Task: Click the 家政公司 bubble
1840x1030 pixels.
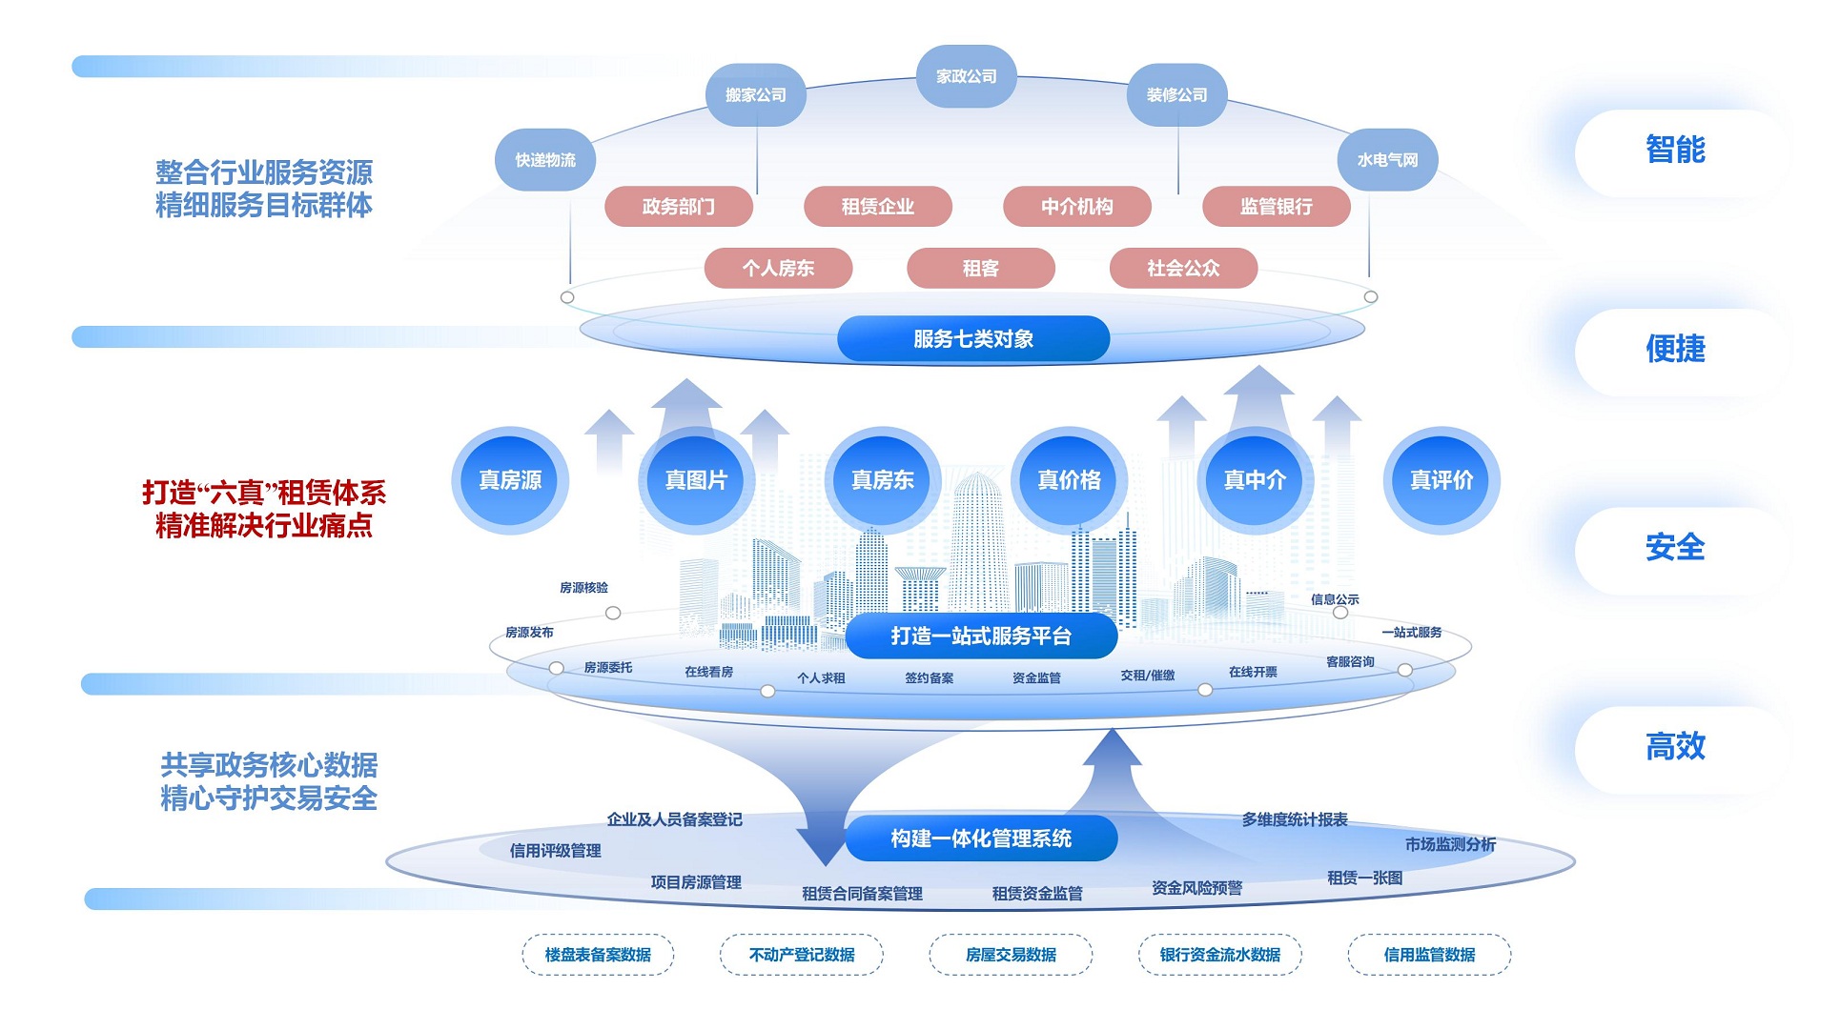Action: pos(966,76)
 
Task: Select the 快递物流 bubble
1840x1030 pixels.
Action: pos(545,160)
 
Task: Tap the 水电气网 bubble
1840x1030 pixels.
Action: pos(1387,160)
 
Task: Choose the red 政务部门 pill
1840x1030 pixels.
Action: pos(678,207)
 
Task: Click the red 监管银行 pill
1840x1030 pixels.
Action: pos(1276,207)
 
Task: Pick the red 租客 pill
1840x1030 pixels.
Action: pos(980,269)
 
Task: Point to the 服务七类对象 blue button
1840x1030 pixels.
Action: pos(972,339)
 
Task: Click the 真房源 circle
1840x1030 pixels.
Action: pos(510,480)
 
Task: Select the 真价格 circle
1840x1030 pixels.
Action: pos(1069,480)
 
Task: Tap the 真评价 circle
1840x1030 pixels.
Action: pos(1441,480)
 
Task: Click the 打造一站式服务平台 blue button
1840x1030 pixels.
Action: pos(980,636)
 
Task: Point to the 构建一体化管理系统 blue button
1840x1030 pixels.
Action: pos(980,838)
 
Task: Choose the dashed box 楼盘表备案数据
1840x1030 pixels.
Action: pos(598,955)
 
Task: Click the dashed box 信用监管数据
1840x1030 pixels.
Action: pos(1429,955)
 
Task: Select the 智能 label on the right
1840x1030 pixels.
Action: pos(1675,151)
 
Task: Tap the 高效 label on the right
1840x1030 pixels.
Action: pos(1675,747)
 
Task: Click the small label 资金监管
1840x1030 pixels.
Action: pos(1036,678)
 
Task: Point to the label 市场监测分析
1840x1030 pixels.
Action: pos(1450,845)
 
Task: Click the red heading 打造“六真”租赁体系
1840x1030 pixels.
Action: pos(264,493)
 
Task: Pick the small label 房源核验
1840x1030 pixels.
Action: pos(583,588)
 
